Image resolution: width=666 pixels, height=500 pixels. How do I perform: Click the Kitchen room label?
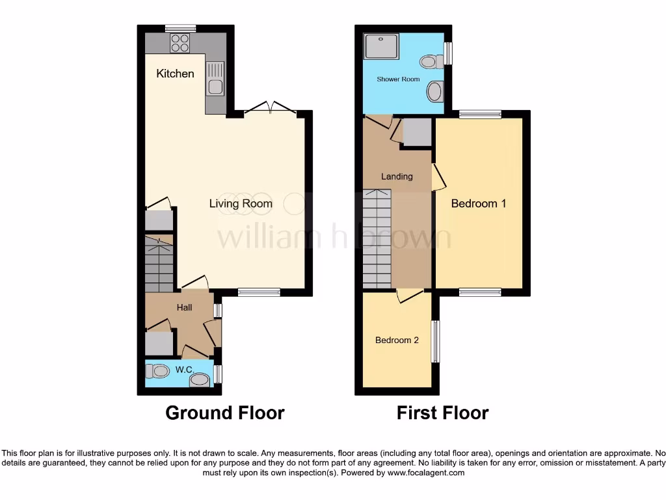point(175,74)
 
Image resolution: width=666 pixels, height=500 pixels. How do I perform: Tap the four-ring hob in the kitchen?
point(180,43)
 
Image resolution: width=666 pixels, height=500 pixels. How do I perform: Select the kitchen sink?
point(215,79)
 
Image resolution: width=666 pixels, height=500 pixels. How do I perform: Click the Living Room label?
point(241,204)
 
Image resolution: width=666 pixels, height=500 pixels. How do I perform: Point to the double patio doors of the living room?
point(270,109)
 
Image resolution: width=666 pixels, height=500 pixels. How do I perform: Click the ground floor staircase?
point(159,264)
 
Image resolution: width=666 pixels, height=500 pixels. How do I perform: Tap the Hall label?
point(184,307)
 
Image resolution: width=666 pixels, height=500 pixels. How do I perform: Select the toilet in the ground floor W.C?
point(157,371)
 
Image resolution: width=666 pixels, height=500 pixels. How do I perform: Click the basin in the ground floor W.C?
point(200,380)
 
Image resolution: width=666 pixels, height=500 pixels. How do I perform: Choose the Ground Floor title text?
point(224,413)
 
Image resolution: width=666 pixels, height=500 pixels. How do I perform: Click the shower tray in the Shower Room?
point(382,47)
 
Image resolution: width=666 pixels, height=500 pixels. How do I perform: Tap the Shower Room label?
point(398,79)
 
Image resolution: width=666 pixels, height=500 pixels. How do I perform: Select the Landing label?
point(397,176)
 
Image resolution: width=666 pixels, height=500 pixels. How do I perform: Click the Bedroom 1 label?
point(479,204)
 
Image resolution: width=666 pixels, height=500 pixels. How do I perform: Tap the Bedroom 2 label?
point(397,340)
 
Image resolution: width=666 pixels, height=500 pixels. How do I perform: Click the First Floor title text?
point(442,413)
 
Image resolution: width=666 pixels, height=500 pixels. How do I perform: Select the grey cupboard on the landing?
point(416,132)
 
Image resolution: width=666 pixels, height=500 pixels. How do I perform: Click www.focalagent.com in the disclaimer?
point(425,473)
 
